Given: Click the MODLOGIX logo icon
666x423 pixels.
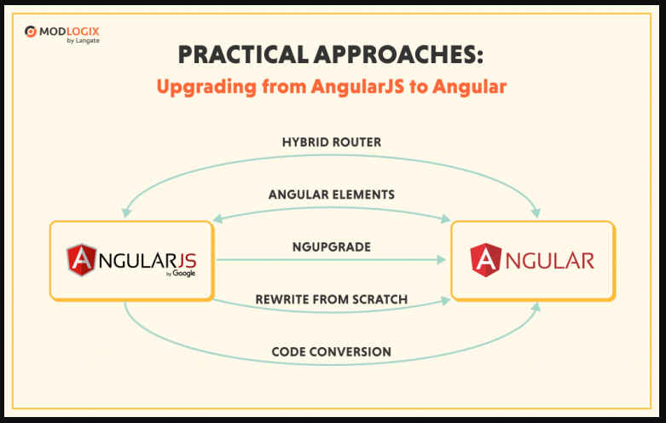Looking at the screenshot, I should coord(31,32).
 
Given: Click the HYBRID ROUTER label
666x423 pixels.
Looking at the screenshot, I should coord(332,142).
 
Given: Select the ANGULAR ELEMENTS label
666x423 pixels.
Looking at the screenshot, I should coord(332,194).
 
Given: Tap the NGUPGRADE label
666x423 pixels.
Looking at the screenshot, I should coord(332,247).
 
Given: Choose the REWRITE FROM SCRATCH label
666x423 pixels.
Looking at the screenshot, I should coord(332,299).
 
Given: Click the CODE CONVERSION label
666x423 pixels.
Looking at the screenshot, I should coord(332,351).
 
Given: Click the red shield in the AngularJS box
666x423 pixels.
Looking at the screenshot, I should coord(83,259).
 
